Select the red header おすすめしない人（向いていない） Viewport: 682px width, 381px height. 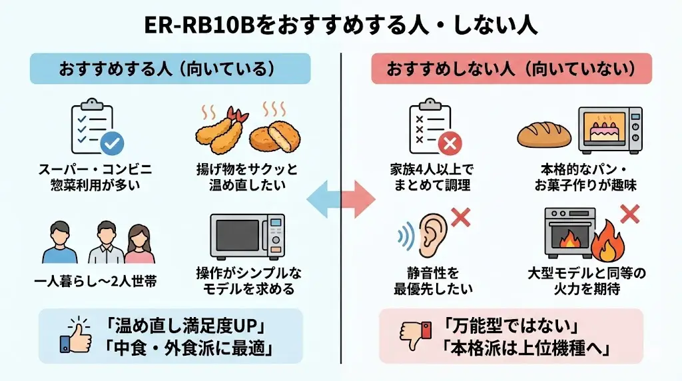pos(510,69)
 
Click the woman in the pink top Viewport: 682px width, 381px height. pos(139,243)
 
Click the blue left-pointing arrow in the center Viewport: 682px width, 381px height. pos(321,199)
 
